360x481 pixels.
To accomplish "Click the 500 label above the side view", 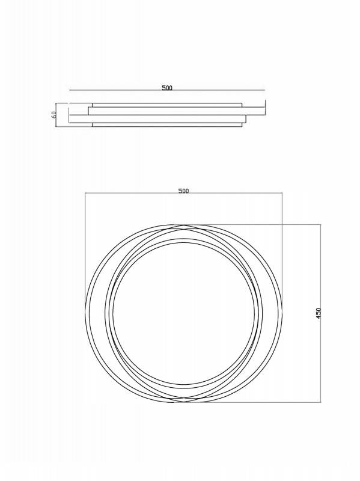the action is click(x=167, y=88).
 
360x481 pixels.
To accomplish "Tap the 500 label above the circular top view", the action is click(x=183, y=191).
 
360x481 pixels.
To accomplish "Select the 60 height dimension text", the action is click(x=54, y=115).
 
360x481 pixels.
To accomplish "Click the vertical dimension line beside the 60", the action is click(x=56, y=115).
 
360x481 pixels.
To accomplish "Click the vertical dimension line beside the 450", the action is click(x=321, y=313).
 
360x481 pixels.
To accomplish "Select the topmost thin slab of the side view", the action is click(x=167, y=105).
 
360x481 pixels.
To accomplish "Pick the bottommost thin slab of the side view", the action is click(x=167, y=124).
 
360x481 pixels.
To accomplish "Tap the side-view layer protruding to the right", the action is click(x=177, y=111).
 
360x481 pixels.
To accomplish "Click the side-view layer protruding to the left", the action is click(x=157, y=119).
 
